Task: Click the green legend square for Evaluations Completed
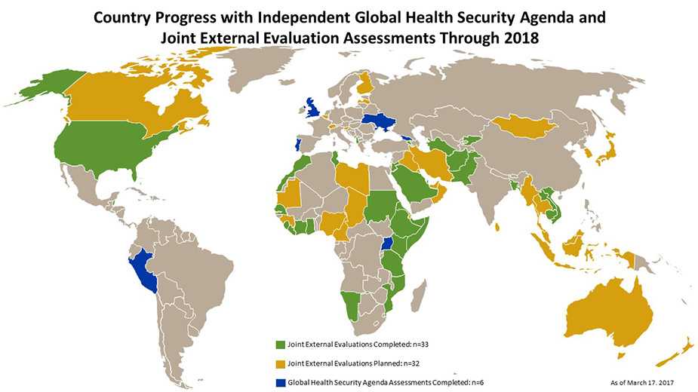tap(281, 344)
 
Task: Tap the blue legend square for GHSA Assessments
tap(281, 381)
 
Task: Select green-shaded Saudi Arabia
tap(411, 179)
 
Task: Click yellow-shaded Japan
tap(603, 155)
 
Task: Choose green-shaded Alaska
tap(45, 82)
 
